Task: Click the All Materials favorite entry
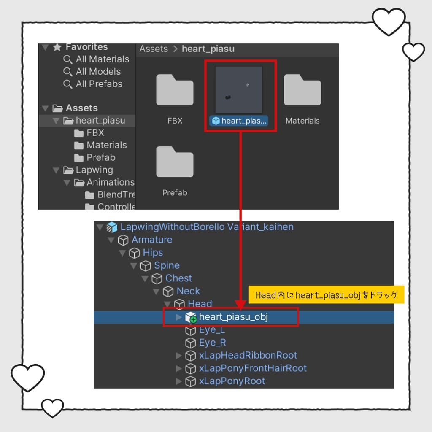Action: [102, 59]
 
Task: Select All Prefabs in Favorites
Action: [99, 84]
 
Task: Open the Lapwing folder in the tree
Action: [94, 170]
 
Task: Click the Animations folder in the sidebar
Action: [110, 182]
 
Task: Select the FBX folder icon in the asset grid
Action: [175, 90]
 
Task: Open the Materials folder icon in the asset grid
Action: [302, 90]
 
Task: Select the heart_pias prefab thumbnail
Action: [239, 89]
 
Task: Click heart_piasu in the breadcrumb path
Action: [208, 49]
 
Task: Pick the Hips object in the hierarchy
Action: [153, 253]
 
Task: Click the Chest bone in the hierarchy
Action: [178, 278]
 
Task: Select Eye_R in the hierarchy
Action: [212, 343]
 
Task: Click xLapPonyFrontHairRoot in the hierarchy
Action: [253, 368]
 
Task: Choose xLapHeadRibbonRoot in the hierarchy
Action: [248, 355]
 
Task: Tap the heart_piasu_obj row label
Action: [233, 317]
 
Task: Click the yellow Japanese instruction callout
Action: [327, 295]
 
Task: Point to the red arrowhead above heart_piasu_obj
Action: [240, 305]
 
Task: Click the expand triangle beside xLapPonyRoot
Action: [179, 381]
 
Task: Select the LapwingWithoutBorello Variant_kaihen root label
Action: [207, 227]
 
